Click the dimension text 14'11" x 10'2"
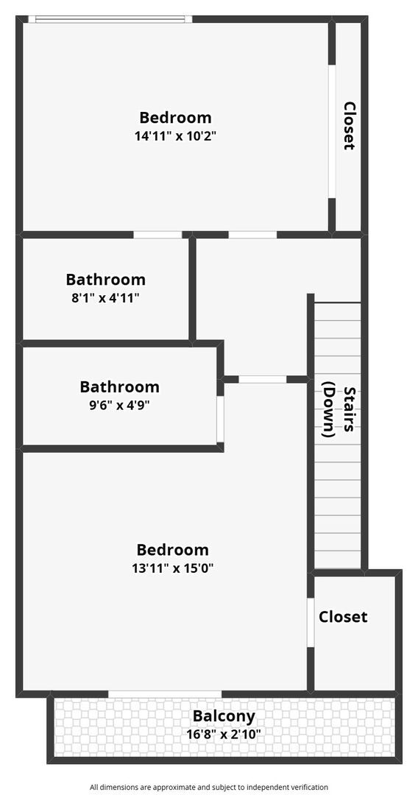tap(175, 136)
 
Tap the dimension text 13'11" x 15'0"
tap(172, 568)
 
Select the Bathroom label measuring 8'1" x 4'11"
tap(105, 280)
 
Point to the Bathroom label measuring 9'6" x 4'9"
tap(119, 386)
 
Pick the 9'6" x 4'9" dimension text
tap(119, 405)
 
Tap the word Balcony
tap(224, 715)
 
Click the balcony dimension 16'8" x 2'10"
tap(224, 734)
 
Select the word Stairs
tap(350, 412)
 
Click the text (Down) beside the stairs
tap(329, 409)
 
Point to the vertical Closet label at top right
tap(350, 126)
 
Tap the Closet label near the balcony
tap(343, 617)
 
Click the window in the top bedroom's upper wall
tap(110, 20)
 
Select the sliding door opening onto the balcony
tap(165, 693)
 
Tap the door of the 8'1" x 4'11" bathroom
tap(157, 235)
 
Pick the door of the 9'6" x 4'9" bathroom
tap(220, 419)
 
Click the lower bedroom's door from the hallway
tap(262, 379)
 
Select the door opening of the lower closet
tap(311, 622)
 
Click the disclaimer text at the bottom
tap(209, 787)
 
